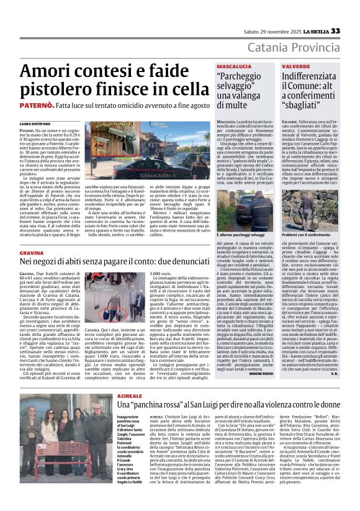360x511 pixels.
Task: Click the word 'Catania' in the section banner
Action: (269, 48)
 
